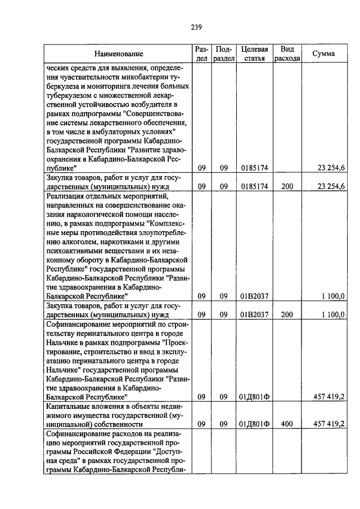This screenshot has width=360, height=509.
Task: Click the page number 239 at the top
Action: (196, 27)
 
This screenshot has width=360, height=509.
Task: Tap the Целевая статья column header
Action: (255, 54)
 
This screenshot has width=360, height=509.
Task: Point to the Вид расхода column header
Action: (287, 54)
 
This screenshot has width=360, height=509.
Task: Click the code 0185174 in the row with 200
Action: (255, 186)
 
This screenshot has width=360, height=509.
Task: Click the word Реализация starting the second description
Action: (66, 195)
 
